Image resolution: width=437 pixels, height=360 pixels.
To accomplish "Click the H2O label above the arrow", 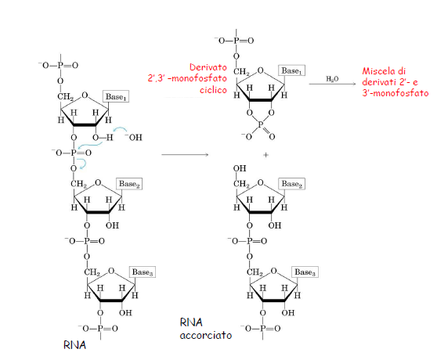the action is (332, 79).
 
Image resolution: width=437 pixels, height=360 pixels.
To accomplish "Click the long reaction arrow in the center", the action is (185, 154).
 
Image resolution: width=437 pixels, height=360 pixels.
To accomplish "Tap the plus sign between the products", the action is (265, 155).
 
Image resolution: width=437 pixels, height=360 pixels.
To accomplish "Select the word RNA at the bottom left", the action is (74, 345).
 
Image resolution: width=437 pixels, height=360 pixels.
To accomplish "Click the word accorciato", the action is (206, 335).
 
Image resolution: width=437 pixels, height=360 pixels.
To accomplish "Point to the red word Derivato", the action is (208, 67).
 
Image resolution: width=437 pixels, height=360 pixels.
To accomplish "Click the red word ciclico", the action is (213, 90).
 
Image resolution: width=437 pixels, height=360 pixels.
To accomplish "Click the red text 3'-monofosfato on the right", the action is (395, 92).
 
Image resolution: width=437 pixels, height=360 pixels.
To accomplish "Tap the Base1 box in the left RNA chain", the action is (116, 96).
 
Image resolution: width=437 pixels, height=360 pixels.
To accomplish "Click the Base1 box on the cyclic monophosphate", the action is (291, 70).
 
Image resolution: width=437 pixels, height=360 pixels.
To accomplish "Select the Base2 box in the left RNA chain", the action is (129, 184).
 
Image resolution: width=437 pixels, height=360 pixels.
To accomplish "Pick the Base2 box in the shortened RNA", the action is (291, 184).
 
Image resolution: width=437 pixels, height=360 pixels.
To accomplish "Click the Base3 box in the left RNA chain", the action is (143, 272).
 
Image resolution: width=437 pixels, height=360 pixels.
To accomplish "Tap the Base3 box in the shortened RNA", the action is (305, 272).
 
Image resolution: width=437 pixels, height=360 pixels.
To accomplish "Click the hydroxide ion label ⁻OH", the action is (133, 137).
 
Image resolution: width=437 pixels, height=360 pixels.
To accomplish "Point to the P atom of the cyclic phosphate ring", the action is (260, 124).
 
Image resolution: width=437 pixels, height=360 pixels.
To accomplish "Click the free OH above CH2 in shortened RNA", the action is (240, 168).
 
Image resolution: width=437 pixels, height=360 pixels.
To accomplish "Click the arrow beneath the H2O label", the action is (333, 84).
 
